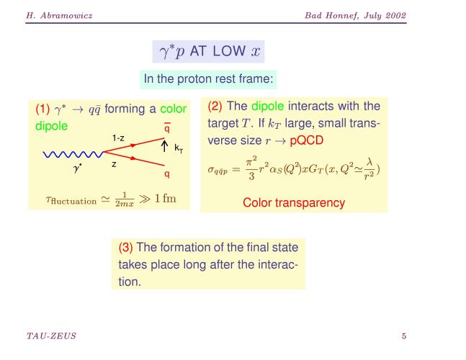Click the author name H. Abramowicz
point(59,15)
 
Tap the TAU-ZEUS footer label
point(51,336)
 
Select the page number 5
point(404,336)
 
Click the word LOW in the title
point(229,51)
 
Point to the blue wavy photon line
point(73,155)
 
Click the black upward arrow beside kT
point(164,146)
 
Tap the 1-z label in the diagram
point(118,138)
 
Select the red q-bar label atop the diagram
point(167,127)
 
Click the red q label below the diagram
point(167,174)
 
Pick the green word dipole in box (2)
point(267,106)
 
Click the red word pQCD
point(306,140)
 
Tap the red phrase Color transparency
point(294,203)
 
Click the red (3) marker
point(125,247)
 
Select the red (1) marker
point(42,109)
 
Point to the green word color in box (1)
point(173,109)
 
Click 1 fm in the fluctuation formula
point(165,199)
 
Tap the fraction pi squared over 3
point(251,168)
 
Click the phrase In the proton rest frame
point(208,79)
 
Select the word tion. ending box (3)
point(130,282)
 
